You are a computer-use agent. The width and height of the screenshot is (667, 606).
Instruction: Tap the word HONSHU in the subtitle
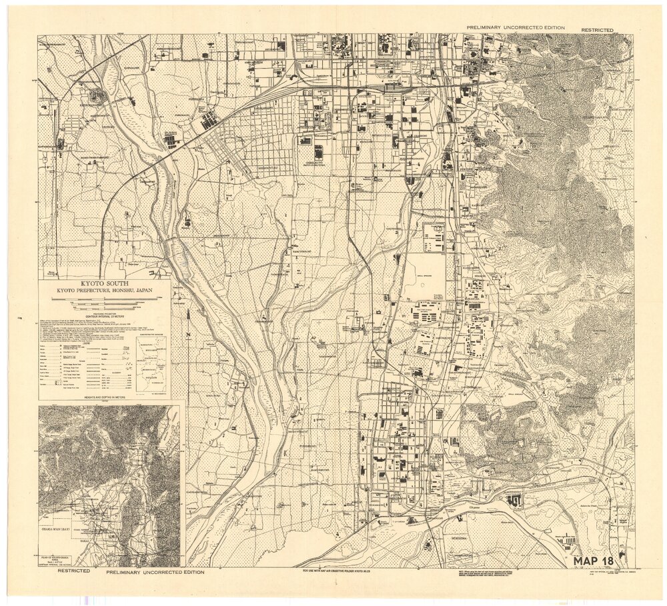[115, 291]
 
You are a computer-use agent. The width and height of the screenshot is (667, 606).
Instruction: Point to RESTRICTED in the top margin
[597, 30]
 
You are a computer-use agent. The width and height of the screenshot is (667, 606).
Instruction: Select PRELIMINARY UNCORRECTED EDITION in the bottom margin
[150, 572]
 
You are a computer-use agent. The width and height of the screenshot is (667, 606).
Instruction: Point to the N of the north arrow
[189, 334]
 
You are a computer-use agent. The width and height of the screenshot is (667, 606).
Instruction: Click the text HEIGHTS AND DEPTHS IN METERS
[105, 397]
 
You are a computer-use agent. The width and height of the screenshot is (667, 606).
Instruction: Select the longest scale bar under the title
[105, 299]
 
